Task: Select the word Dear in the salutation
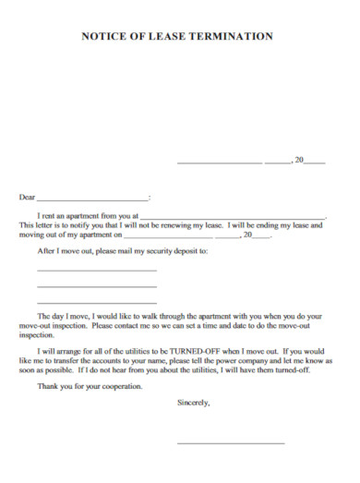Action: pyautogui.click(x=28, y=197)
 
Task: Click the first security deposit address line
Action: pyautogui.click(x=96, y=270)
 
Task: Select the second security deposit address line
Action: pyautogui.click(x=96, y=286)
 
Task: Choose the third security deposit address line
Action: pyautogui.click(x=96, y=303)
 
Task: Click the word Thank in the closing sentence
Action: pyautogui.click(x=47, y=386)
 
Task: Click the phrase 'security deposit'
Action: pyautogui.click(x=172, y=250)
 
